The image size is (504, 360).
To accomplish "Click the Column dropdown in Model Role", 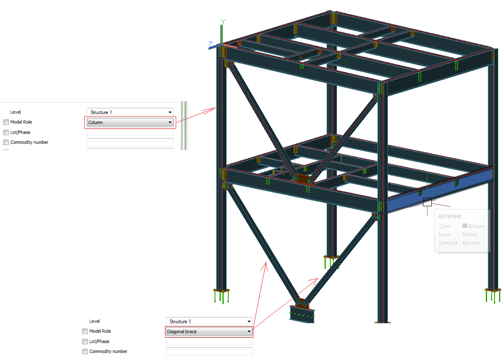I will [x=130, y=122].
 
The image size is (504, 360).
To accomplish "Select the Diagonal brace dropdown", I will [x=209, y=331].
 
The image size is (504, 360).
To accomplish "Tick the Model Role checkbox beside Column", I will [x=6, y=122].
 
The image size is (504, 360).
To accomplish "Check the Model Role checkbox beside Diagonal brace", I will [x=85, y=331].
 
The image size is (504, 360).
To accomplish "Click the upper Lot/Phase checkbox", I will [x=6, y=133].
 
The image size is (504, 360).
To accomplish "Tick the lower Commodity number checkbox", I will [x=85, y=352].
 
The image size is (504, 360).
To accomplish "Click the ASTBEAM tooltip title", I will [x=449, y=217].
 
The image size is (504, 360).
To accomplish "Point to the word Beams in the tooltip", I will [x=470, y=234].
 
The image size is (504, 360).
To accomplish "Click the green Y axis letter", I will [x=223, y=21].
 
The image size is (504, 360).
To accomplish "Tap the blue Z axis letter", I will [x=210, y=44].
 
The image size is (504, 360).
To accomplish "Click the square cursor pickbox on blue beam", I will [x=427, y=202].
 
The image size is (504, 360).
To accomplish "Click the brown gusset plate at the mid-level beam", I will [x=303, y=179].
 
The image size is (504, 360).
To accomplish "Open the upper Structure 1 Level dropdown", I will [x=130, y=112].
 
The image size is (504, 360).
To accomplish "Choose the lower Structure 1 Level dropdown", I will [x=209, y=322].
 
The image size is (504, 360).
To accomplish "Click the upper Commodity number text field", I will [x=130, y=142].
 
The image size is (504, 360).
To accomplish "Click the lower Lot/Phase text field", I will [x=209, y=341].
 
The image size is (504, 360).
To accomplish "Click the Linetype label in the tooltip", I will [x=448, y=243].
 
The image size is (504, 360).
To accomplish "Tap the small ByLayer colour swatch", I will [x=465, y=226].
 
